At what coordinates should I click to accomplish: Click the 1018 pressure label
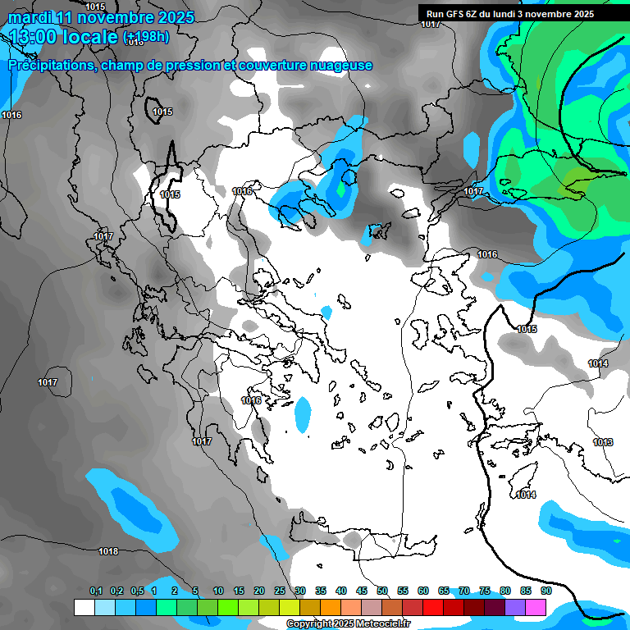pyautogui.click(x=108, y=551)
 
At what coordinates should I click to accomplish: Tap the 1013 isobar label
pyautogui.click(x=603, y=442)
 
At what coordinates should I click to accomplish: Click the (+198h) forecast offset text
pyautogui.click(x=146, y=36)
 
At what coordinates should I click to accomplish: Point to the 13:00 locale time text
pyautogui.click(x=63, y=36)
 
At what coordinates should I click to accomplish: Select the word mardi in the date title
pyautogui.click(x=30, y=17)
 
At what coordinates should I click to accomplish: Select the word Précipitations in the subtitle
pyautogui.click(x=52, y=65)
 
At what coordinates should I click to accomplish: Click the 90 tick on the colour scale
pyautogui.click(x=546, y=591)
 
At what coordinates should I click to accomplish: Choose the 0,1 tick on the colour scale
pyautogui.click(x=96, y=591)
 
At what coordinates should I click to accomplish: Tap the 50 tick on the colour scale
pyautogui.click(x=382, y=591)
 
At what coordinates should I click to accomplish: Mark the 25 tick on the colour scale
pyautogui.click(x=280, y=591)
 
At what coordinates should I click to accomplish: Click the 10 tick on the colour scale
pyautogui.click(x=218, y=591)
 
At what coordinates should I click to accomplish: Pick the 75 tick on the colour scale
pyautogui.click(x=485, y=591)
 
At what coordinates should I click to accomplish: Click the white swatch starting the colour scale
pyautogui.click(x=84, y=607)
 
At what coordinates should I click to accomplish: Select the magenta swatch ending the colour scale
pyautogui.click(x=536, y=607)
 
